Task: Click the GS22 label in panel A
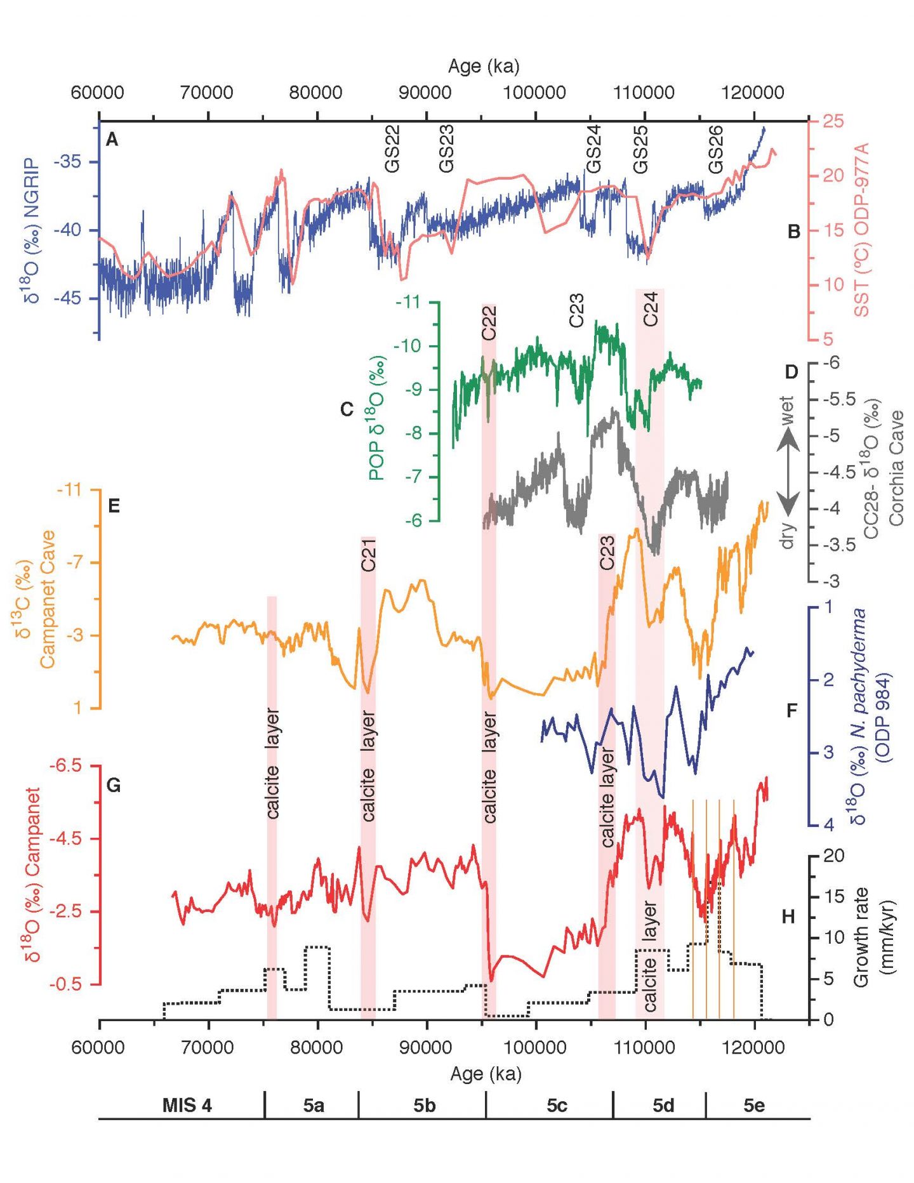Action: coord(393,149)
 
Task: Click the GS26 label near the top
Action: coord(715,150)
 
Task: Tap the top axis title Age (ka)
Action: coord(483,66)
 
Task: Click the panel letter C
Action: coord(347,409)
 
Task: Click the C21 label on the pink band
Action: coord(369,555)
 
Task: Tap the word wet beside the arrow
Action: coord(786,411)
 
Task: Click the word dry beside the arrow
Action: coord(787,536)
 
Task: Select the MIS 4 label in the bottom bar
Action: coord(187,1105)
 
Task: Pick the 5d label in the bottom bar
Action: coord(663,1105)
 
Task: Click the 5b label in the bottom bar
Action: coord(424,1105)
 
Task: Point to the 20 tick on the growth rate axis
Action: coord(833,856)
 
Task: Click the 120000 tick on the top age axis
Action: coord(753,93)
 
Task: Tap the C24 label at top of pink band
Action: coord(651,309)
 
